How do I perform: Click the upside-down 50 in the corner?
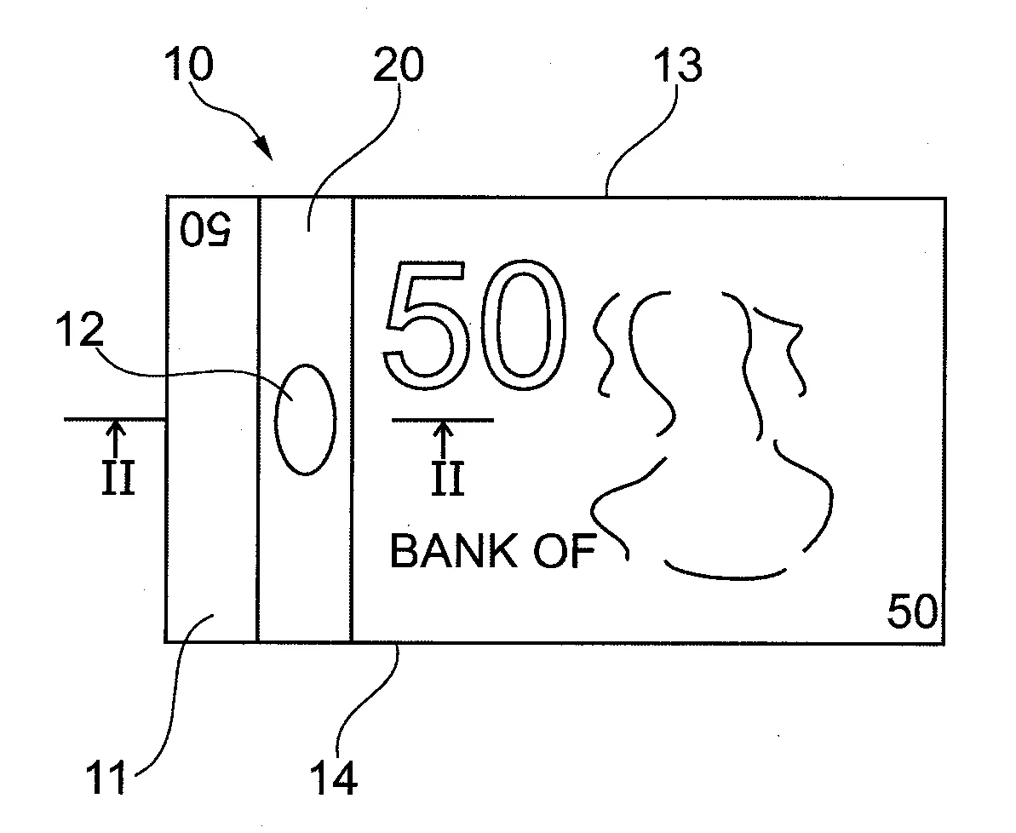click(x=206, y=230)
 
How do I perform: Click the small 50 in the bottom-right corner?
click(x=911, y=612)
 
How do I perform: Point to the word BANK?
click(x=453, y=552)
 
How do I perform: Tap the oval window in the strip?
click(x=306, y=418)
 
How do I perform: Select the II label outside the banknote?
click(x=118, y=480)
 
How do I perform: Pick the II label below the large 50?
click(x=445, y=480)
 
